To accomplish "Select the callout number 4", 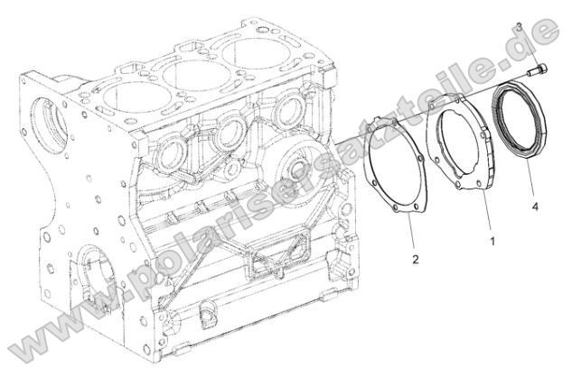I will pos(535,207).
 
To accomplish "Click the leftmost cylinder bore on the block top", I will pos(136,89).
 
